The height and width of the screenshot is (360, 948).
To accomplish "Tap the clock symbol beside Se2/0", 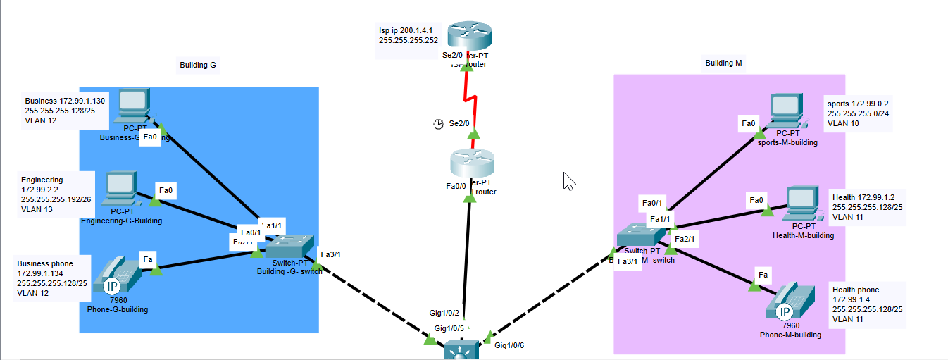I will (x=439, y=124).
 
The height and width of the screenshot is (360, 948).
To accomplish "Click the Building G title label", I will (x=198, y=66).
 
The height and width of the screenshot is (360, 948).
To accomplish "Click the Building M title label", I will (x=723, y=63).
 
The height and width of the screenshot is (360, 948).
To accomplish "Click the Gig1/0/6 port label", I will (x=509, y=345).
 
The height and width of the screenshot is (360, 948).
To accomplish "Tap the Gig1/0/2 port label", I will (x=444, y=313).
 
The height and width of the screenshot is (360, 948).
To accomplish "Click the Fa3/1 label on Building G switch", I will (x=331, y=254).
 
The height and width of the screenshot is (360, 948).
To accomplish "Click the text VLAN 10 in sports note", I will (x=843, y=123).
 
